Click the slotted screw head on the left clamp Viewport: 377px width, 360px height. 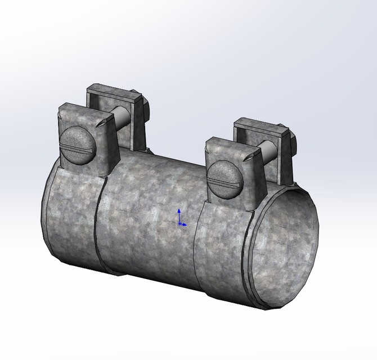pos(78,145)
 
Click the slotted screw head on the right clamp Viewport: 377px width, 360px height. pos(225,179)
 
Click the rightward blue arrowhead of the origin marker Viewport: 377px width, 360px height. pos(185,224)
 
